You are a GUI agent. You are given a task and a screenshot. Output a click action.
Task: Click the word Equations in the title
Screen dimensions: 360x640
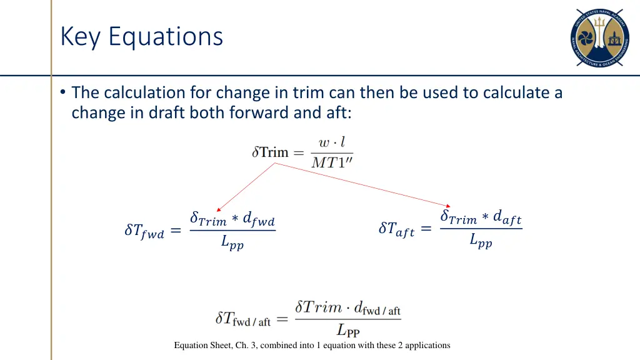[x=166, y=36]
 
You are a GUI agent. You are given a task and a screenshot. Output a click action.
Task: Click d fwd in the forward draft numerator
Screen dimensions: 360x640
[x=259, y=220]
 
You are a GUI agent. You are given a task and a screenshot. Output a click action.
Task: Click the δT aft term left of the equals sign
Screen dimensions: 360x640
[x=396, y=229]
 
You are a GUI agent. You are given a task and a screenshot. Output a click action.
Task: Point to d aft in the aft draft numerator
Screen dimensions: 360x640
[x=507, y=218]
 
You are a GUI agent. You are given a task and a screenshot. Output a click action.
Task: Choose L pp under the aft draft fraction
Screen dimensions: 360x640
[x=481, y=241]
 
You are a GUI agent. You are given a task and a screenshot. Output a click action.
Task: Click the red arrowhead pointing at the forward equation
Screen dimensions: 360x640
[x=217, y=210]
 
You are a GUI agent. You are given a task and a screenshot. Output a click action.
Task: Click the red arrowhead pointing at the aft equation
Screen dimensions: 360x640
[x=448, y=206]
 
